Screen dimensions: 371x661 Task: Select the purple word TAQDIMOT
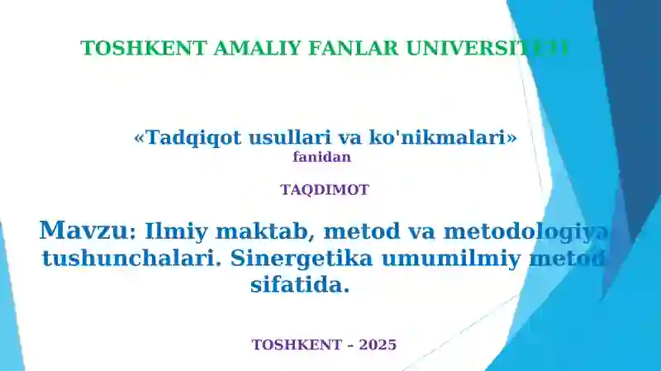coord(324,189)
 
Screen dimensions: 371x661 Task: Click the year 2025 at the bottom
coord(378,345)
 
